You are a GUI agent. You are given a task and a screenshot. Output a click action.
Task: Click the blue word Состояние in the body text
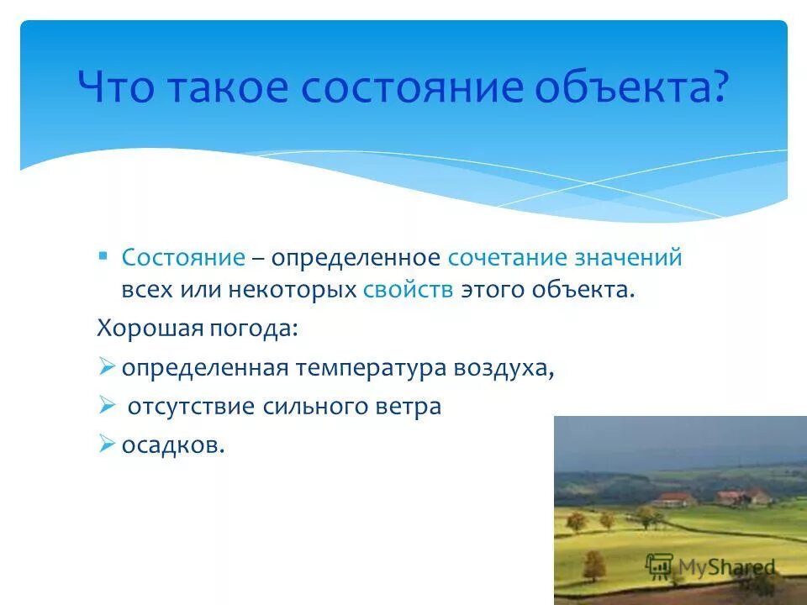click(184, 258)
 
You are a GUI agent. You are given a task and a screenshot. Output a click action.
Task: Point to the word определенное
click(356, 258)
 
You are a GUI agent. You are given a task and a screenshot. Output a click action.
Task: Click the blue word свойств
click(409, 291)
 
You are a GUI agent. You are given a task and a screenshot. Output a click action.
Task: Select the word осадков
click(173, 445)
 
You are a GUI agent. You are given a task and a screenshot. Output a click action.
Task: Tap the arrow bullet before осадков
click(106, 444)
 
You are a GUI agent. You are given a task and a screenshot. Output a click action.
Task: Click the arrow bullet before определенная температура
click(106, 366)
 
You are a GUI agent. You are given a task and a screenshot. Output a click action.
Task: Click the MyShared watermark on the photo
click(709, 566)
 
